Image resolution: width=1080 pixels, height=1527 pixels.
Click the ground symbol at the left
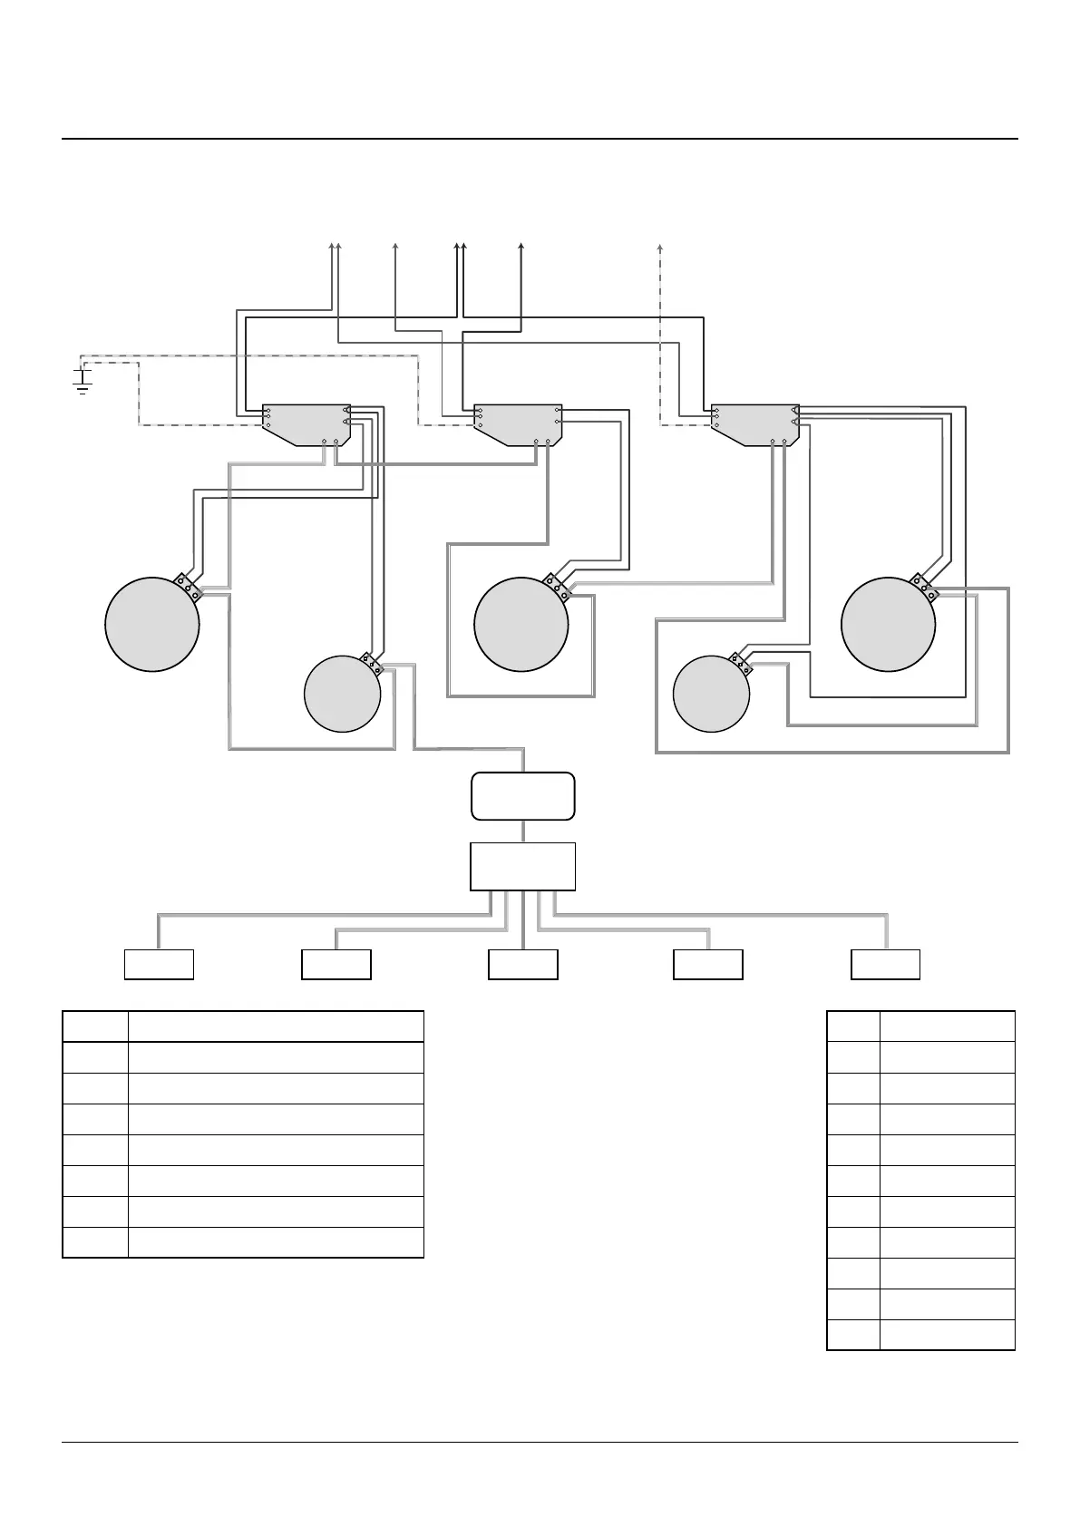click(83, 382)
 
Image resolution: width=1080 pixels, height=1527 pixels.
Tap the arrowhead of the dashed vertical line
click(660, 247)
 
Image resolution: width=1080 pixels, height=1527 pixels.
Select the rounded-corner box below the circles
click(522, 796)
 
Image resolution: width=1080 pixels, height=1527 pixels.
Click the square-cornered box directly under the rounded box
click(522, 866)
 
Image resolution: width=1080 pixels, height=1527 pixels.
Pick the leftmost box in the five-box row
click(159, 964)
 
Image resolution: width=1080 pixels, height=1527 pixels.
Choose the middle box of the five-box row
click(522, 964)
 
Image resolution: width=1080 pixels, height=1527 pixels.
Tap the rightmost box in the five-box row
click(885, 964)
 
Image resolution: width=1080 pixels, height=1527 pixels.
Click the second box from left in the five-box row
click(336, 964)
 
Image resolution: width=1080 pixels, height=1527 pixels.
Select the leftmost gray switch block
click(306, 423)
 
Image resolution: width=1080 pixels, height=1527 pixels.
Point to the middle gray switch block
click(518, 423)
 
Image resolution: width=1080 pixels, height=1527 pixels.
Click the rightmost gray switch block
click(754, 423)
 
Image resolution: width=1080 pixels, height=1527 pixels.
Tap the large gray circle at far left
click(152, 624)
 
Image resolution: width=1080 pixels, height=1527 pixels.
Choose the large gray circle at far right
click(888, 624)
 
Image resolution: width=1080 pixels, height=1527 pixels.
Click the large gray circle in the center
click(521, 624)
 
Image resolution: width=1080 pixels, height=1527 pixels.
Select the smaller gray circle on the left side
click(342, 694)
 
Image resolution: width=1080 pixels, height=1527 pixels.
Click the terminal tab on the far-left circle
click(188, 586)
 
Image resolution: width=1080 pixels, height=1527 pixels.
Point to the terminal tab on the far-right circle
click(924, 586)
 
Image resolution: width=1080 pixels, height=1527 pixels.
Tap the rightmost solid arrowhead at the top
click(521, 247)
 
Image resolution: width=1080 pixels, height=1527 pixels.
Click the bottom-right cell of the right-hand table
click(947, 1335)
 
